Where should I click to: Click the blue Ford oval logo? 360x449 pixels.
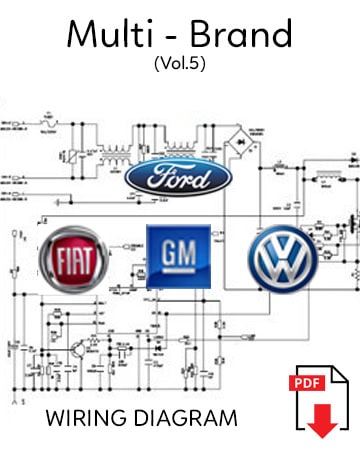[180, 176]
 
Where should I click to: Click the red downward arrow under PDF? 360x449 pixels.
[322, 423]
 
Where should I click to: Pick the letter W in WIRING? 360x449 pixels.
[53, 414]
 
